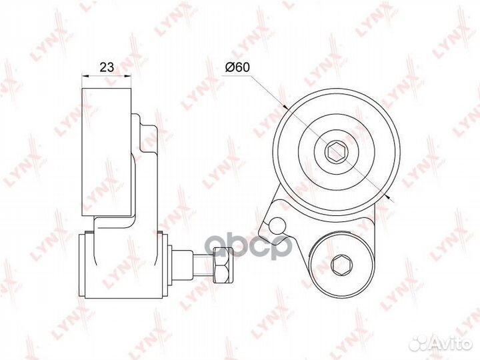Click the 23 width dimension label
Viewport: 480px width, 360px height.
pos(105,67)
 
